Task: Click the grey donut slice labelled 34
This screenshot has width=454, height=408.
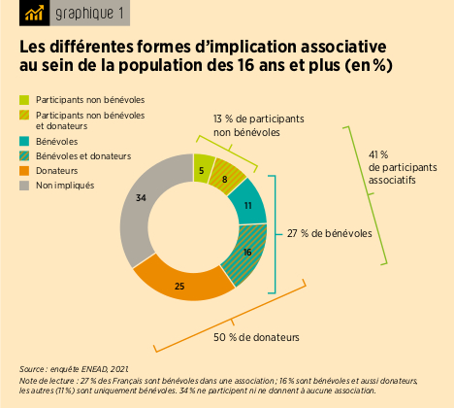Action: click(x=142, y=199)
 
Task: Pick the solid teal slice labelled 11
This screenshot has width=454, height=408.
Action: click(x=248, y=206)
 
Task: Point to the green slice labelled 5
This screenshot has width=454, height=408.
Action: click(x=201, y=170)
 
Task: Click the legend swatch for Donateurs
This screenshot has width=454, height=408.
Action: click(x=24, y=170)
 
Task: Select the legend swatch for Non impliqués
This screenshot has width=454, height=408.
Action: click(x=24, y=185)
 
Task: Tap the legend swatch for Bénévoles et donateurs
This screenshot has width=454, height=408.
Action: click(x=24, y=155)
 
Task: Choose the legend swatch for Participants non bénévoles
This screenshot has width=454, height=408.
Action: click(x=24, y=100)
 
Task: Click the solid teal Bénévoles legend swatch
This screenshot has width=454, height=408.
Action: click(x=24, y=141)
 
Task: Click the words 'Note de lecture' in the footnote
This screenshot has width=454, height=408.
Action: click(x=46, y=381)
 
